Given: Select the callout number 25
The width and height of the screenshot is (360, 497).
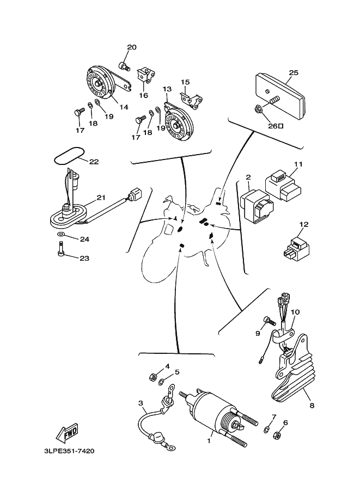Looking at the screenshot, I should [x=294, y=72].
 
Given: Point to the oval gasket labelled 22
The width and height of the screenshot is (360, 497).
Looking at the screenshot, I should [x=68, y=155].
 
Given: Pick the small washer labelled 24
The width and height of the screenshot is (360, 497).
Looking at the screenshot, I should [x=61, y=235].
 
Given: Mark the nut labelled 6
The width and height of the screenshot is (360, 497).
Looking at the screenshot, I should [x=276, y=435].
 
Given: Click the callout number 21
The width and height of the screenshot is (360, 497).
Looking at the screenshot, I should [x=100, y=198].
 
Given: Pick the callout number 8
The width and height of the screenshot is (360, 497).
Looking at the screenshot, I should [x=312, y=405].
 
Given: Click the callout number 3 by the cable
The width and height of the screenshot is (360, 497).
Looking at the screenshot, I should [x=141, y=403].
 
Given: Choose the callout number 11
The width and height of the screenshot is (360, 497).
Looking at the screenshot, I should [x=298, y=164].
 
